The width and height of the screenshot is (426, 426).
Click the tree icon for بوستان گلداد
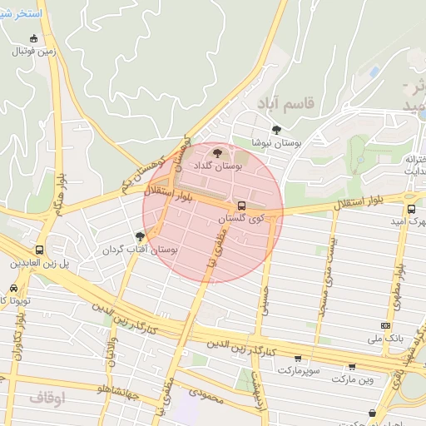pos(218,153)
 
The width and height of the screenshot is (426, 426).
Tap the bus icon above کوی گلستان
pos(242,205)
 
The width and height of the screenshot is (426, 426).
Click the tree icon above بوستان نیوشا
pos(276,130)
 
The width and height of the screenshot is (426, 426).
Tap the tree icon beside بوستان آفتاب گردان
pos(140,236)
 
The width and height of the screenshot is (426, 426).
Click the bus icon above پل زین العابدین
pos(40,250)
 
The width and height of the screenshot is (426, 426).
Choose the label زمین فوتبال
pos(33,51)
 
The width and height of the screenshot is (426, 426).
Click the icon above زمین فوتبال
pos(33,38)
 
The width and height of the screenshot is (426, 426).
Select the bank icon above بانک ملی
pos(385,325)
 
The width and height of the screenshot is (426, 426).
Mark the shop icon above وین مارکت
pos(352,366)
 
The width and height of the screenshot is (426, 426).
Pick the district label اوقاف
pos(47,398)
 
